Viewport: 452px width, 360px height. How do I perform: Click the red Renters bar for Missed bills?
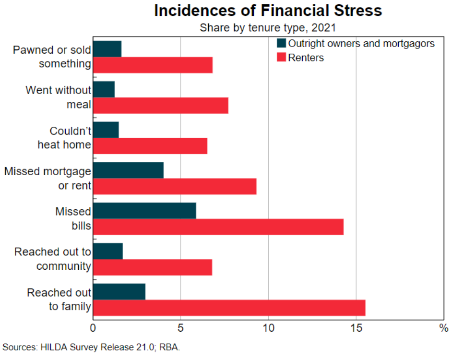pos(218,227)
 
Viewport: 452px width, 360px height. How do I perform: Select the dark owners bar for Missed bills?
pos(144,211)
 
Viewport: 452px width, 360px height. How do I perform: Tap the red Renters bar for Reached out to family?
pos(229,308)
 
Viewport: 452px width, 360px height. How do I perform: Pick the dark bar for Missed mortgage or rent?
pos(128,170)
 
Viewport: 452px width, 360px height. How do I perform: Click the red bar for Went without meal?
pos(160,105)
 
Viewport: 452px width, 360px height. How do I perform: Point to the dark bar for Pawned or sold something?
pos(107,49)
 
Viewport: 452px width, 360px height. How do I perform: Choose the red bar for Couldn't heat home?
pos(150,146)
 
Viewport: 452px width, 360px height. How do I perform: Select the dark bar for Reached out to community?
pos(107,251)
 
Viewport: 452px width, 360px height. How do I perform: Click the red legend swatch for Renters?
pos(281,58)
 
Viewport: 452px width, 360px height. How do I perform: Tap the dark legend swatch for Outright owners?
pos(281,43)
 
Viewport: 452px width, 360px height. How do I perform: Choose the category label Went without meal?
pos(59,97)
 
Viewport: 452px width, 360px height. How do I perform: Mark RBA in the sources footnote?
pos(171,347)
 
